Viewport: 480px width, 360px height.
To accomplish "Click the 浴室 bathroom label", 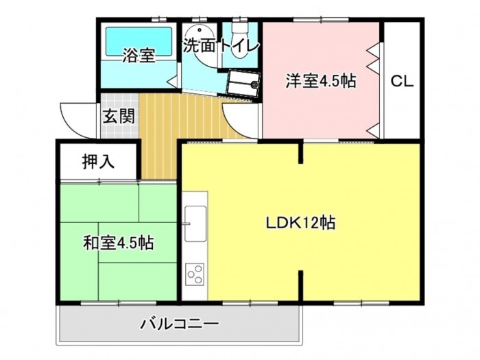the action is (139, 56).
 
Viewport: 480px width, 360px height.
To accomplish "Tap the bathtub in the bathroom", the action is (139, 43).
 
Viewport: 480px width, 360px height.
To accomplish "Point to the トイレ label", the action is (239, 46).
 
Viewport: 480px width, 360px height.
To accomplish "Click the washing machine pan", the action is (243, 83).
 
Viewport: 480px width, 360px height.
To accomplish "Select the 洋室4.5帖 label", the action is (321, 81).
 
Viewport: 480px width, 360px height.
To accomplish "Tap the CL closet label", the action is (403, 82).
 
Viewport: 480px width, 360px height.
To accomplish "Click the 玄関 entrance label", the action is (119, 117).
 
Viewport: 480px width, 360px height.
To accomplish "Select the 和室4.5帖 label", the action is (119, 243).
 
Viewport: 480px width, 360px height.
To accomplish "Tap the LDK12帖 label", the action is (300, 223).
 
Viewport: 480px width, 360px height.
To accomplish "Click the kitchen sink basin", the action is (195, 224).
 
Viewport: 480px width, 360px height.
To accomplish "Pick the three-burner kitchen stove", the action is (195, 274).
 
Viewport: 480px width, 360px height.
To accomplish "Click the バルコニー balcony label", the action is (180, 323).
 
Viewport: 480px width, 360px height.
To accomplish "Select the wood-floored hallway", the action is (180, 129).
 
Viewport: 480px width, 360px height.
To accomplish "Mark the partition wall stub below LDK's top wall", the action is (301, 153).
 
